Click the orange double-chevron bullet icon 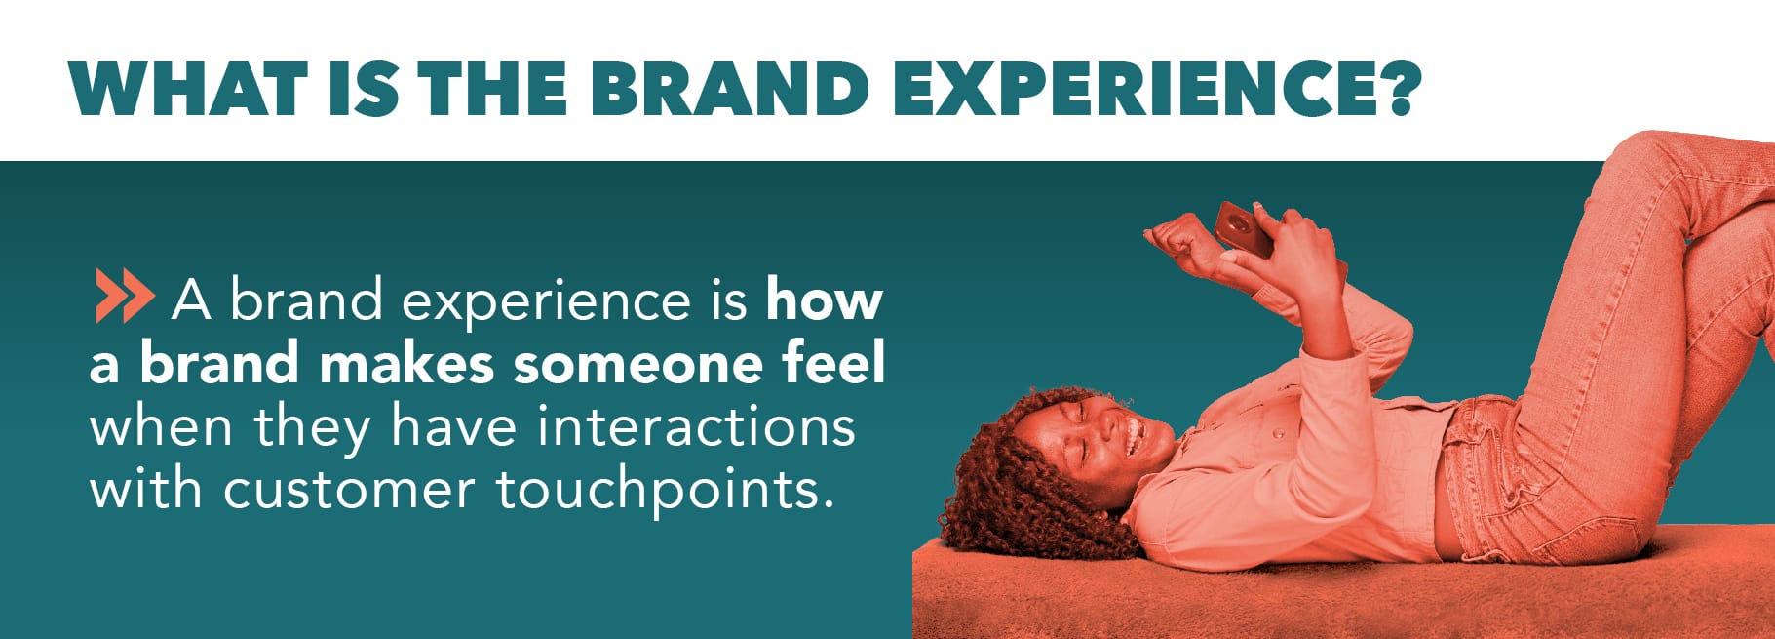click(124, 298)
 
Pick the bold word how click(825, 300)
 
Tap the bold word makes click(406, 364)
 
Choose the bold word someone click(639, 364)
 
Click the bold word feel click(833, 364)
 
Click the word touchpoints click(663, 490)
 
